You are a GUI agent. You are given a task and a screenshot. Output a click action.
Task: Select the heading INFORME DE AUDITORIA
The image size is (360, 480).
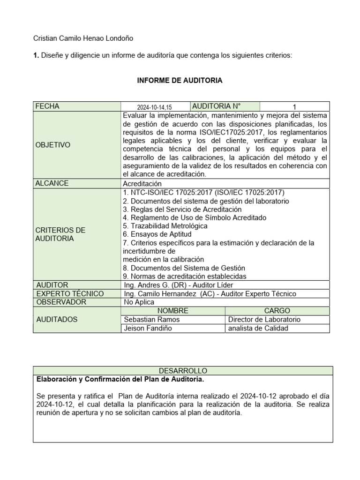(x=180, y=81)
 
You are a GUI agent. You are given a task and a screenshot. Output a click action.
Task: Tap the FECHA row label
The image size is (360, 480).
(x=47, y=106)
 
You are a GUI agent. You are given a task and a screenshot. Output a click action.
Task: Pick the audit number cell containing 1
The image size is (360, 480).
(x=294, y=107)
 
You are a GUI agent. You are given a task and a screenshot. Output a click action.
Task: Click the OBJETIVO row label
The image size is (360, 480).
(x=53, y=145)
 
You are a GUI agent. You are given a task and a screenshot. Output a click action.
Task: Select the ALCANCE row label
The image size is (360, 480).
(x=52, y=183)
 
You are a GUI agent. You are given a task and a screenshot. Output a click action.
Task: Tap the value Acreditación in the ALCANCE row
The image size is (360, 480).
(x=142, y=184)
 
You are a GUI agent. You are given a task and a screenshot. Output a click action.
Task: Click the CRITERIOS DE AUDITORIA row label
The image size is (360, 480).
(x=60, y=234)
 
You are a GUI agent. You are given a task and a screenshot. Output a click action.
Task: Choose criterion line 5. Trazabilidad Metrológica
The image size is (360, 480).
(x=165, y=226)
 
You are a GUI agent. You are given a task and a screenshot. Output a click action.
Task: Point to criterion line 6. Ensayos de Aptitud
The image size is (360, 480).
(x=157, y=234)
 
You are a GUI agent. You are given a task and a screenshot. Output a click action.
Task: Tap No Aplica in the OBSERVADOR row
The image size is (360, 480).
(x=139, y=302)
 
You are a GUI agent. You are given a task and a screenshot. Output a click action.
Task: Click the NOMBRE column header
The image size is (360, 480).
(x=172, y=311)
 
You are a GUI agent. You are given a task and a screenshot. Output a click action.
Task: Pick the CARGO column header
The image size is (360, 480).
(x=277, y=311)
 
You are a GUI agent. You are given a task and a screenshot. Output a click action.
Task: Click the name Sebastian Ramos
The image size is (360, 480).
(x=151, y=319)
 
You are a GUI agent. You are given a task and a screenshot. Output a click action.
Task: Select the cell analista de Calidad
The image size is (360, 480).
(x=259, y=328)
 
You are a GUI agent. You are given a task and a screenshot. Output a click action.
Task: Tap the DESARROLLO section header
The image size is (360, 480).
(x=183, y=370)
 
